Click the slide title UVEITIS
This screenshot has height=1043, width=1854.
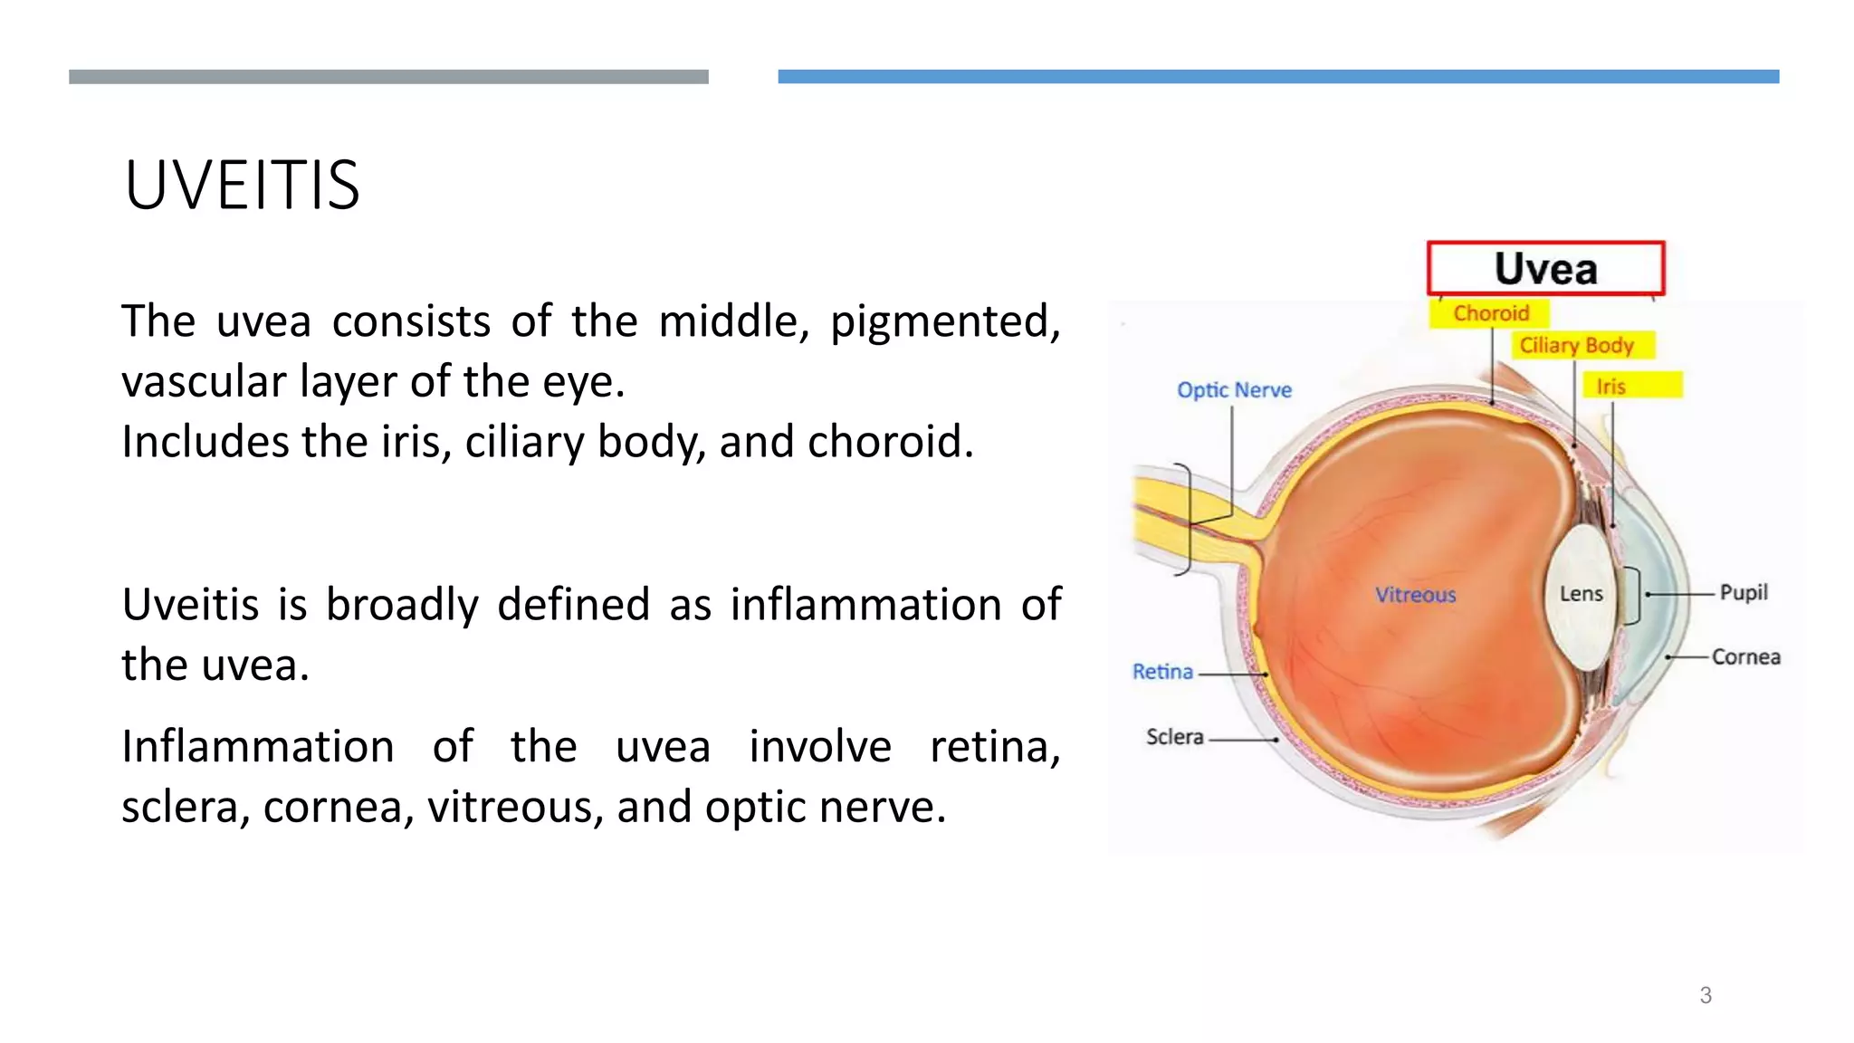click(242, 186)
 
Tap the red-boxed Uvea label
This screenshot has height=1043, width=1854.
click(1545, 269)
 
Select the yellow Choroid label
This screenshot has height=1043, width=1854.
click(1490, 313)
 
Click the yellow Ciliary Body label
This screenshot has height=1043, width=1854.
click(1576, 345)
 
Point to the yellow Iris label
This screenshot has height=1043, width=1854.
click(1610, 387)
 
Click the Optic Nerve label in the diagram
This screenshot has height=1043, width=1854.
click(1234, 390)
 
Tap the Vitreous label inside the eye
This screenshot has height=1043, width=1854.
click(1416, 595)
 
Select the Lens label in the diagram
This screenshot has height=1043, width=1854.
click(1581, 594)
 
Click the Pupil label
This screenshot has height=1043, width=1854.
click(1744, 593)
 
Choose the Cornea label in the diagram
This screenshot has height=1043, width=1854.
click(1745, 656)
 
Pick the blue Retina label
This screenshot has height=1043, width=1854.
click(1162, 672)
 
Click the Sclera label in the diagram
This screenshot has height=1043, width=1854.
click(1174, 737)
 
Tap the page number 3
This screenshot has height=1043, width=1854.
click(1706, 995)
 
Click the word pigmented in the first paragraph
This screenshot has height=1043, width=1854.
click(945, 322)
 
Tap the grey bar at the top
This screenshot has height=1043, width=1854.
click(388, 77)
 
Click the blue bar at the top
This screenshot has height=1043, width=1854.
click(1278, 77)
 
